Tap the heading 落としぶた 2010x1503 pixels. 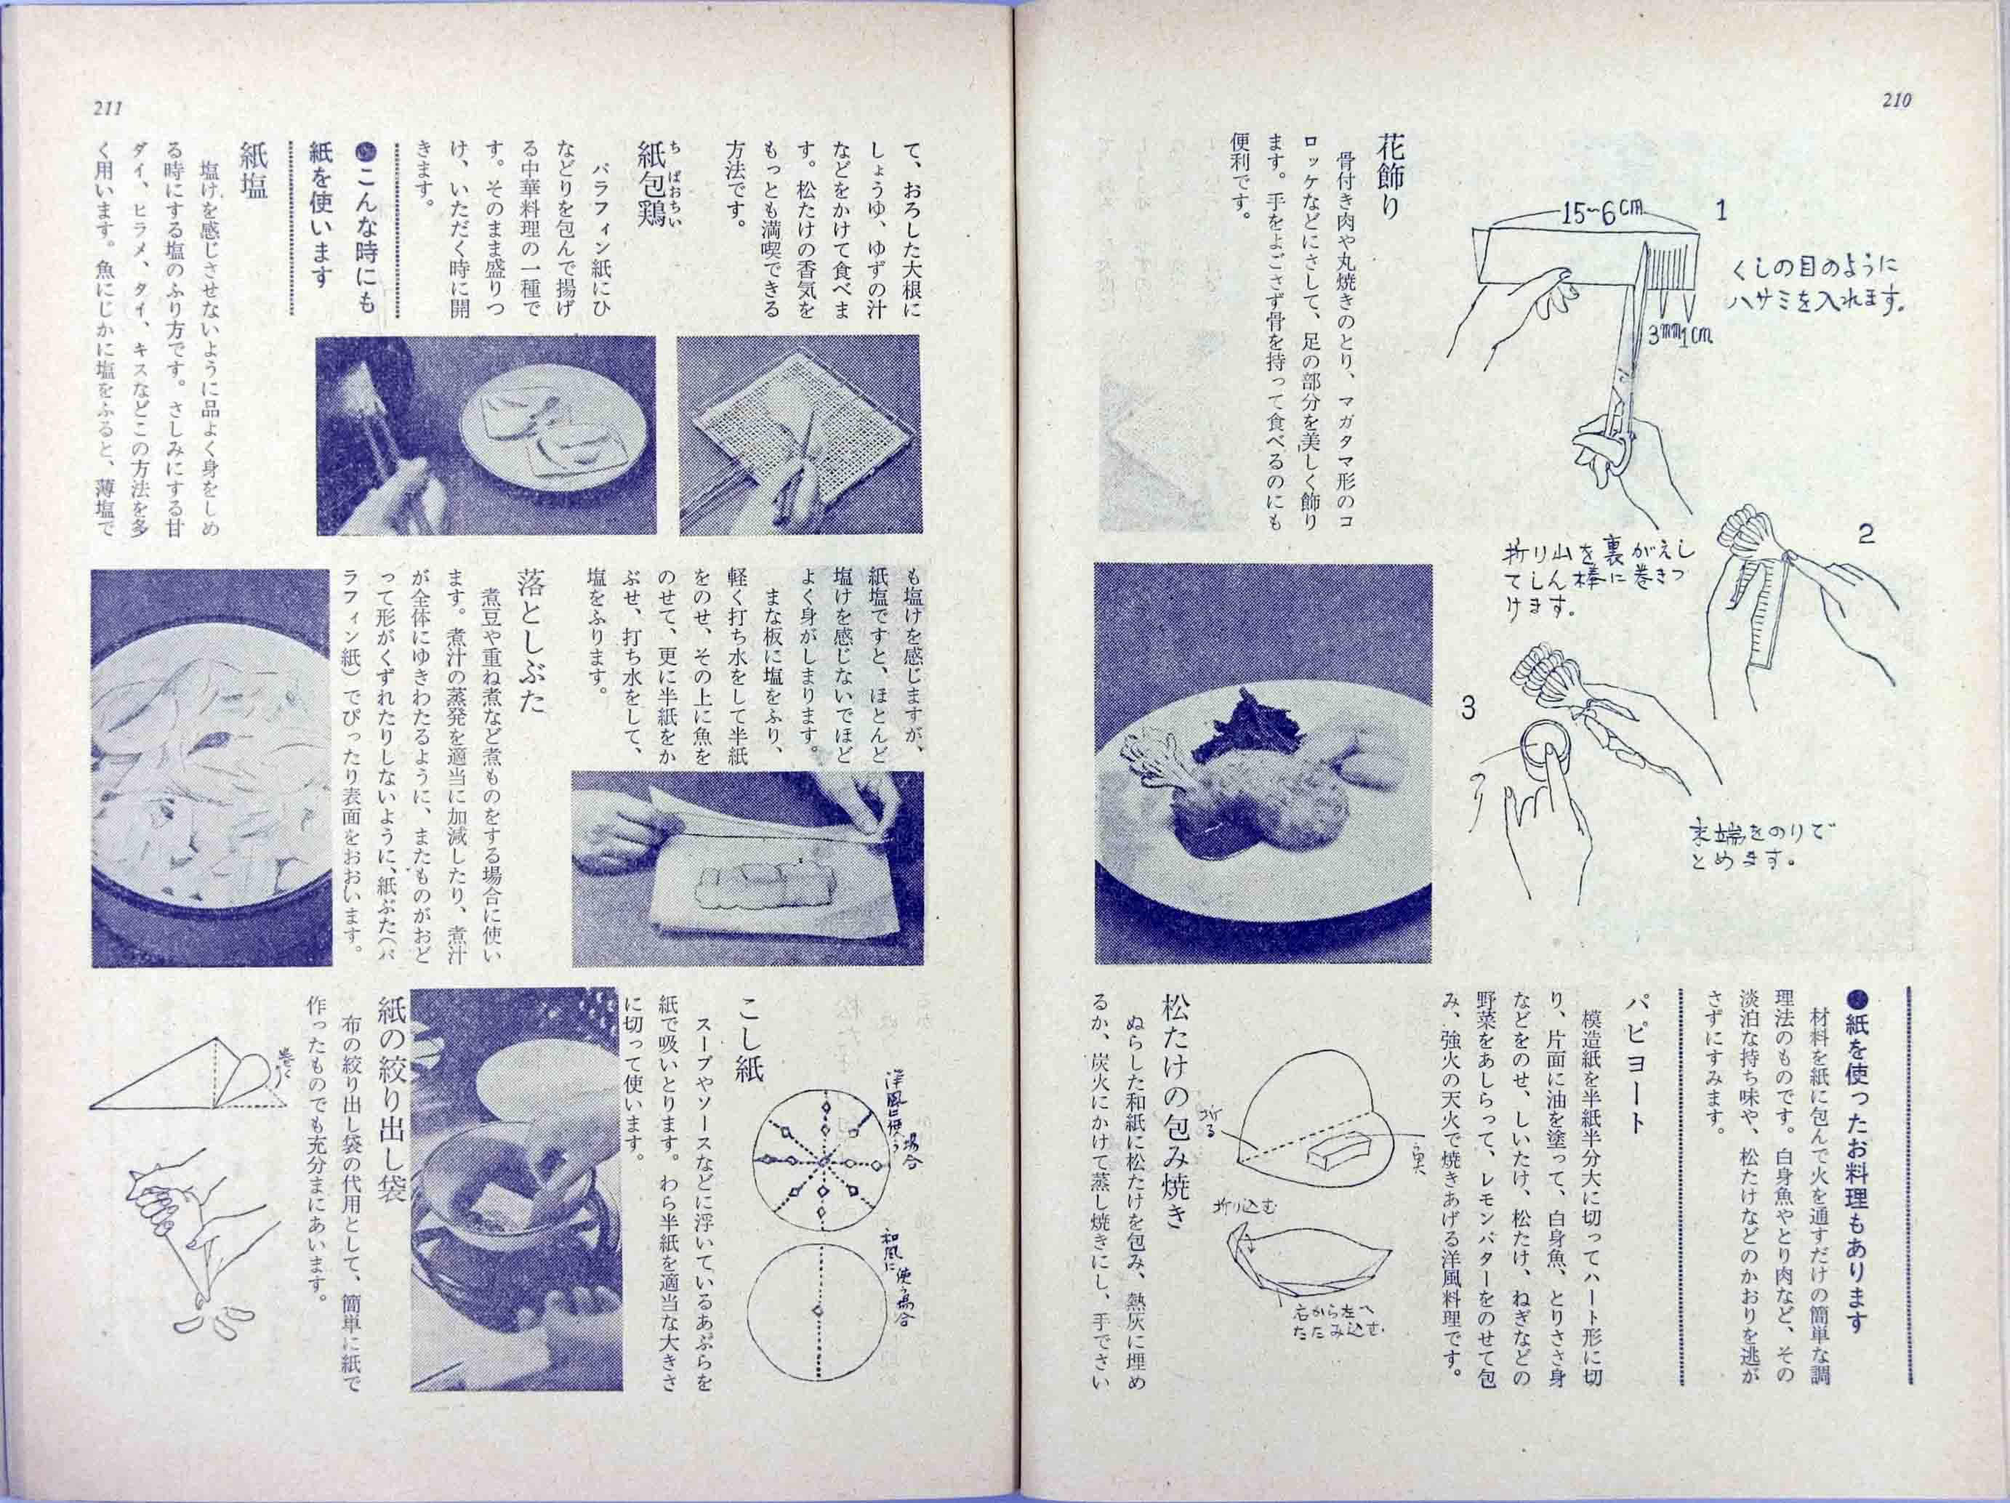click(x=529, y=640)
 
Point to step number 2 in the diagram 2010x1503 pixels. click(x=1865, y=534)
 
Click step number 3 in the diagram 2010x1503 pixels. click(x=1468, y=709)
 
